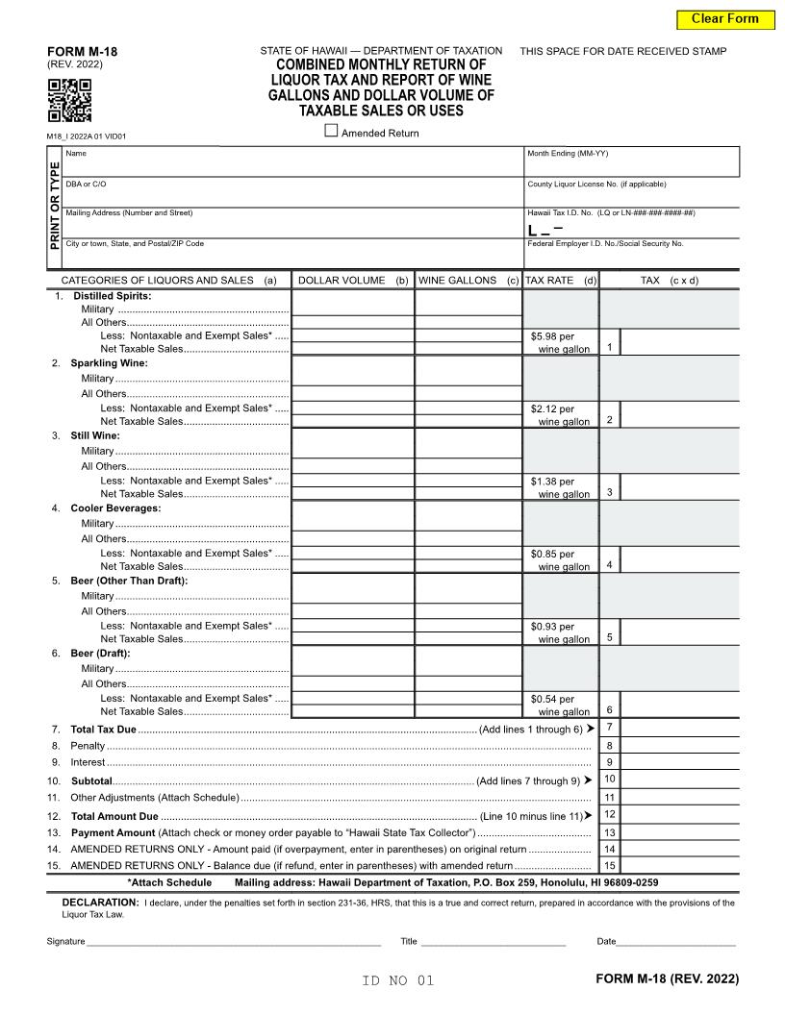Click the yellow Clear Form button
[x=724, y=18]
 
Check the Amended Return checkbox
[x=332, y=132]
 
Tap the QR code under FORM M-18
[x=69, y=100]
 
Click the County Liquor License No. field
[x=631, y=196]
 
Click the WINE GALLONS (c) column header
[x=468, y=281]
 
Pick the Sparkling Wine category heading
[x=109, y=363]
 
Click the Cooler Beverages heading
[x=115, y=507]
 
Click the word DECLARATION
[x=100, y=903]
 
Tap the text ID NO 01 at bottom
[x=398, y=980]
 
